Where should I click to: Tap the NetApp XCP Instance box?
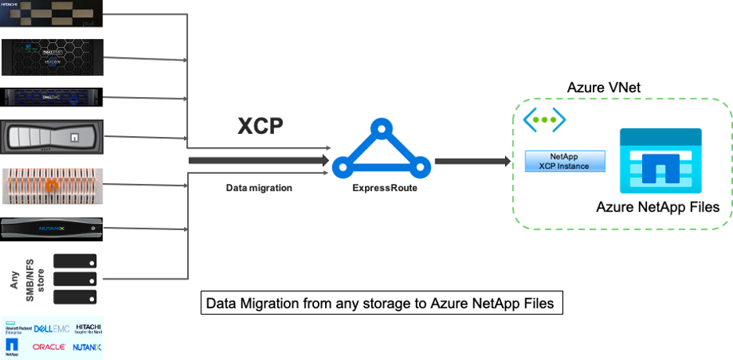(x=566, y=162)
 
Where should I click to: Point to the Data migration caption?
(x=259, y=189)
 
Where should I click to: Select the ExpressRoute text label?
(x=380, y=189)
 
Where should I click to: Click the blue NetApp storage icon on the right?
(x=661, y=161)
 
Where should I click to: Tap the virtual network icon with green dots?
(x=544, y=120)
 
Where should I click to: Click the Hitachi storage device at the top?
(x=52, y=14)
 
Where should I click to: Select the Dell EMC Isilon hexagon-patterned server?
(x=52, y=57)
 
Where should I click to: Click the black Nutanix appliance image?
(x=52, y=229)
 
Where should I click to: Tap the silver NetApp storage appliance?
(x=52, y=139)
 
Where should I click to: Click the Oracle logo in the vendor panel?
(x=49, y=347)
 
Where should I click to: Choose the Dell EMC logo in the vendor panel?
(x=52, y=327)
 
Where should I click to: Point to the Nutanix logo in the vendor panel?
(x=87, y=347)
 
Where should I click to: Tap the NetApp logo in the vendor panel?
(x=12, y=346)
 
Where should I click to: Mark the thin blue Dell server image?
(x=52, y=98)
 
